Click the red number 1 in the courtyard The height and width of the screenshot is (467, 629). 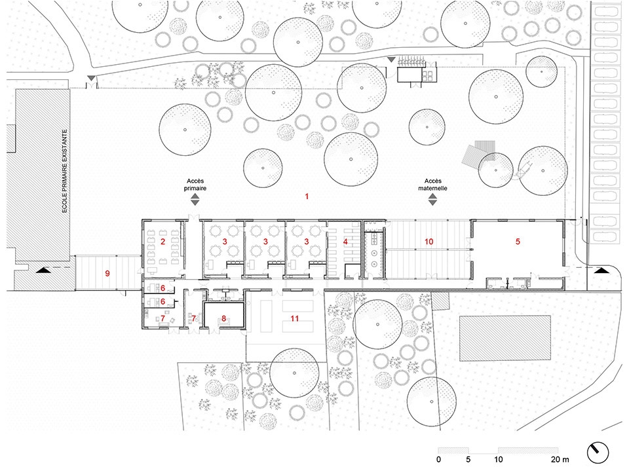[x=307, y=196]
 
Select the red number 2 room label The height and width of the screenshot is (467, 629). [x=162, y=241]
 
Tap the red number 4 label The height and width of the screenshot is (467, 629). [x=345, y=241]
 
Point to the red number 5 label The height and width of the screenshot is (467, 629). [x=518, y=241]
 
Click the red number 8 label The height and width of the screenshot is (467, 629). [x=224, y=319]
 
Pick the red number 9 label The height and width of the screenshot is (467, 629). [x=107, y=273]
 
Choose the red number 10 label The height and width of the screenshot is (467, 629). [x=429, y=241]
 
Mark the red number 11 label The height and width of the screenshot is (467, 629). [x=295, y=319]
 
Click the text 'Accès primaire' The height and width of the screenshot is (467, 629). [x=195, y=185]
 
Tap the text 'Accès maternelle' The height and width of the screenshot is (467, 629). [x=432, y=185]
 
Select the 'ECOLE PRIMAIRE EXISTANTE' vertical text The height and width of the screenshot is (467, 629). [x=65, y=171]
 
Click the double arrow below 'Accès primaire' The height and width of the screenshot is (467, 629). [x=195, y=199]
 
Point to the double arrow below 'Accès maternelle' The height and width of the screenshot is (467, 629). [x=432, y=199]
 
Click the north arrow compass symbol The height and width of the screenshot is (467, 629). [x=598, y=453]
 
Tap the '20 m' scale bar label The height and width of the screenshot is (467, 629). [x=560, y=459]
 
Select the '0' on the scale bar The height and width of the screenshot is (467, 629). [x=438, y=459]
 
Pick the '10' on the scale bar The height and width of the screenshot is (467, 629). [x=498, y=459]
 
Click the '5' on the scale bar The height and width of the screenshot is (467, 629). [x=468, y=459]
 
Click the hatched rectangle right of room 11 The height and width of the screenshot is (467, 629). [x=505, y=338]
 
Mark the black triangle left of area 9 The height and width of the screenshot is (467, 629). [x=43, y=271]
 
